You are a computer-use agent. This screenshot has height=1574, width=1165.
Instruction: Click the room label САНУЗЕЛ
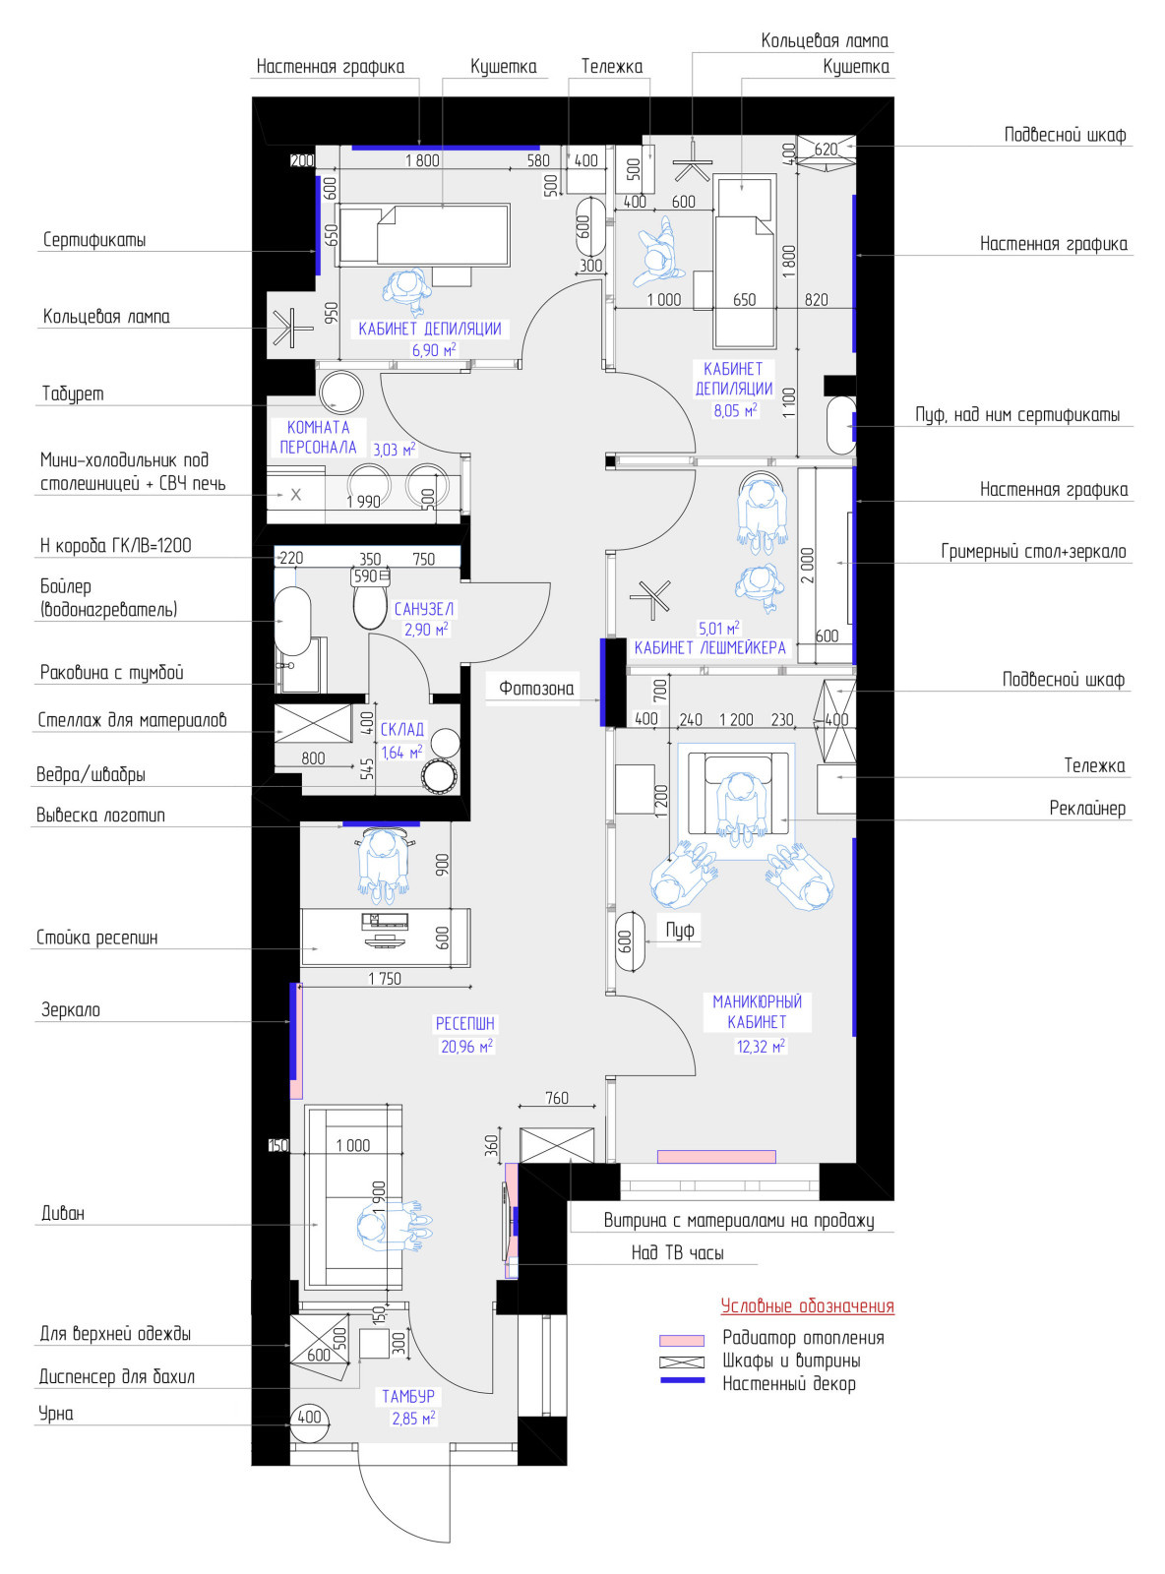(424, 609)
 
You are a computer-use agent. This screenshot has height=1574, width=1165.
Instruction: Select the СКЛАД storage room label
(401, 729)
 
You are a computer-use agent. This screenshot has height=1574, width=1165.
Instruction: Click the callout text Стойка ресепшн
(97, 938)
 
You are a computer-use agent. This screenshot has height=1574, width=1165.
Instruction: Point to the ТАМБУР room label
(408, 1396)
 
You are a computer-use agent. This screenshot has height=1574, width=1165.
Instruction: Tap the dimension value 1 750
(385, 979)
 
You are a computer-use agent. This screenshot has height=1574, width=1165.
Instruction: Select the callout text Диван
(63, 1213)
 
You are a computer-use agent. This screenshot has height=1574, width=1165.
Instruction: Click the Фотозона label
(536, 688)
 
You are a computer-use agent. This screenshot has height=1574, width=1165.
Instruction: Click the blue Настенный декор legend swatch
(682, 1380)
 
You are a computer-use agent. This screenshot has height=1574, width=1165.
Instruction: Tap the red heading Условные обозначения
(807, 1305)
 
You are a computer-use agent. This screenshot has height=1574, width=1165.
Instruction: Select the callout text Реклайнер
(1087, 808)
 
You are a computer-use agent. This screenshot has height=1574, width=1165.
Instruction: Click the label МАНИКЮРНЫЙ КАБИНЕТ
(757, 1011)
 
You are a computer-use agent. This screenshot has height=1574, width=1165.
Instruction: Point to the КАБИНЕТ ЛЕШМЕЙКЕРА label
(710, 647)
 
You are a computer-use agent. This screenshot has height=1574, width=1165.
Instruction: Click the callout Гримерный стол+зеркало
(1034, 551)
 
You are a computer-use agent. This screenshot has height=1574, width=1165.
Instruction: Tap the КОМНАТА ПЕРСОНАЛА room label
(318, 437)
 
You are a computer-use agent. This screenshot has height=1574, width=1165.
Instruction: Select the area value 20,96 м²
(466, 1046)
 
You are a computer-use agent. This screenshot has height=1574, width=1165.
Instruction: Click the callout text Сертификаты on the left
(94, 239)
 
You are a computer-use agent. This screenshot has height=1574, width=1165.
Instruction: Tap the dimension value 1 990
(363, 502)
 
